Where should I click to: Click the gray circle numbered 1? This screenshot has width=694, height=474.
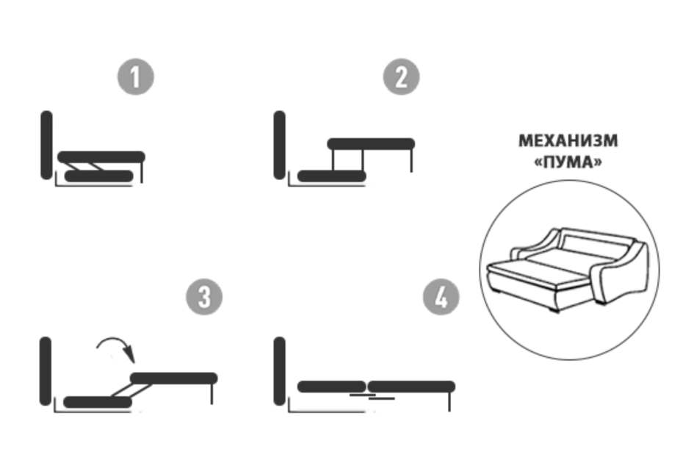pyautogui.click(x=135, y=76)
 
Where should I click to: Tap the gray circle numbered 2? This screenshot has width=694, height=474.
pyautogui.click(x=401, y=76)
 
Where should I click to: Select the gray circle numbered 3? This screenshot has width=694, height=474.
pyautogui.click(x=204, y=297)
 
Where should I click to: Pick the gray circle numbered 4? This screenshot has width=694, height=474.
pyautogui.click(x=441, y=297)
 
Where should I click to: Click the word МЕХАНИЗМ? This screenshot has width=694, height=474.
pyautogui.click(x=568, y=141)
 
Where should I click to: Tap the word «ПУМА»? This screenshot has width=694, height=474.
pyautogui.click(x=568, y=162)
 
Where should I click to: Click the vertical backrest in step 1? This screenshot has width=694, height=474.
pyautogui.click(x=46, y=146)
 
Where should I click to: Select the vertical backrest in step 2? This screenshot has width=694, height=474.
pyautogui.click(x=280, y=146)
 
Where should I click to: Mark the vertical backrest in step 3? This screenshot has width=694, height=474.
pyautogui.click(x=46, y=371)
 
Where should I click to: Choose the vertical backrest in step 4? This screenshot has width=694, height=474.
pyautogui.click(x=280, y=371)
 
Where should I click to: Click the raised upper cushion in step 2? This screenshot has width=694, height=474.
pyautogui.click(x=371, y=144)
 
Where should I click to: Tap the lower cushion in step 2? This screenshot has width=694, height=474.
pyautogui.click(x=332, y=176)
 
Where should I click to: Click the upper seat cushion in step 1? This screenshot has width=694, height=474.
pyautogui.click(x=101, y=157)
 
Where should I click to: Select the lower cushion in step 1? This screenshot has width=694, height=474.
pyautogui.click(x=99, y=176)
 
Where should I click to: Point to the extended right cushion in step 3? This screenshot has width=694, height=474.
pyautogui.click(x=174, y=378)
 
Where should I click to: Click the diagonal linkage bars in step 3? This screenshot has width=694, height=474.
pyautogui.click(x=131, y=390)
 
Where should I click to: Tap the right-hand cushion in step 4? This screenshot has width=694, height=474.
pyautogui.click(x=411, y=387)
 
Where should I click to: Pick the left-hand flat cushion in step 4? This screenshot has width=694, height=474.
pyautogui.click(x=332, y=387)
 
